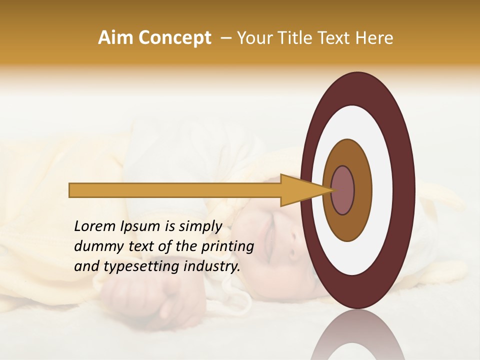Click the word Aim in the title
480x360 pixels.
pos(115,38)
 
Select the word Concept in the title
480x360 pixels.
pos(174,38)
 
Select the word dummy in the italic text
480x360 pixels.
pos(96,246)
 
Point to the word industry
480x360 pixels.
pos(212,266)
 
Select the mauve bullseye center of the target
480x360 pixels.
pos(342,190)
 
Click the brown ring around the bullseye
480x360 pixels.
pos(362,190)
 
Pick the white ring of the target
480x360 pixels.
pos(382,190)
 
